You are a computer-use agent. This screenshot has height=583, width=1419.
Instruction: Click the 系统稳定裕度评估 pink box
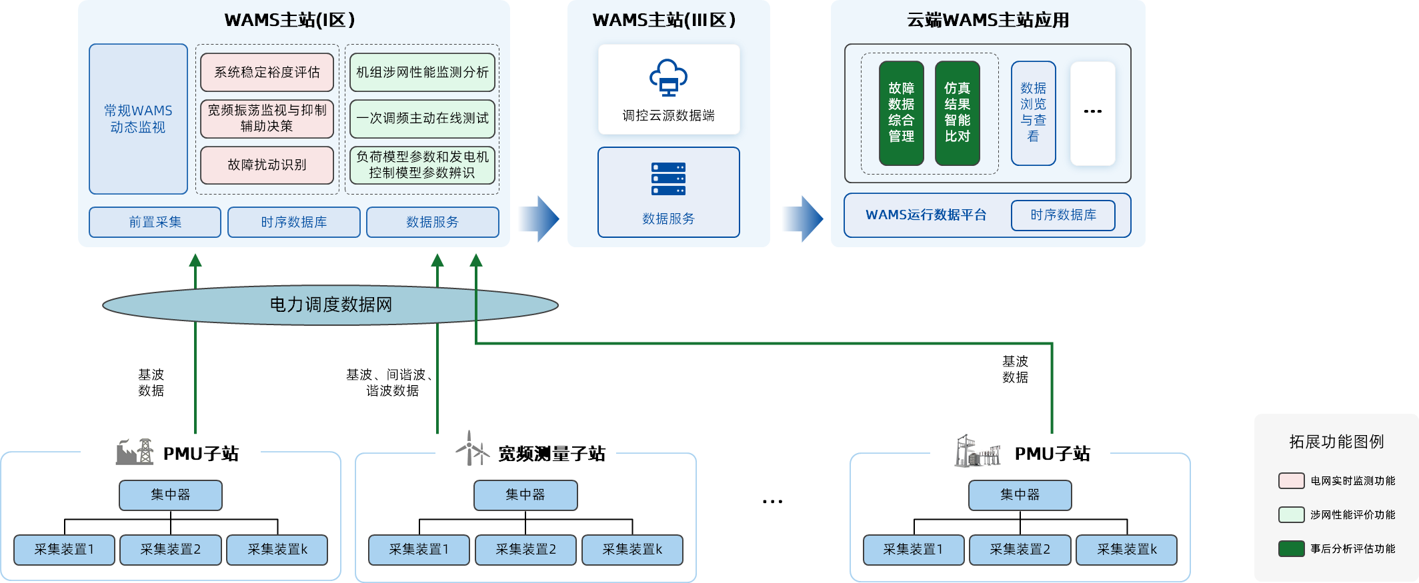click(267, 72)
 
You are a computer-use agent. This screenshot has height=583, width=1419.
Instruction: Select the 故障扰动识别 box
click(267, 165)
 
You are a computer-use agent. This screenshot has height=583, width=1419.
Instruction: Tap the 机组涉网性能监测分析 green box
click(422, 72)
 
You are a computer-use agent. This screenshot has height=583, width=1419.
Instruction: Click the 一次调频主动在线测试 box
click(422, 118)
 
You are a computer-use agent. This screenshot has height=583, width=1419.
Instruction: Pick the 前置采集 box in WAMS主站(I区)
click(155, 222)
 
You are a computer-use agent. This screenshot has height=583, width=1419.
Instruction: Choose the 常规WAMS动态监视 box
click(138, 119)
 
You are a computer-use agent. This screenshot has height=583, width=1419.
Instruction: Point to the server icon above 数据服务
click(668, 179)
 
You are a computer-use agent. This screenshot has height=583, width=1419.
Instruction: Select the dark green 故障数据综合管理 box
click(901, 113)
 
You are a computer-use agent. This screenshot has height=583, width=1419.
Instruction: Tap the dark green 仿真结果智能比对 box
click(957, 113)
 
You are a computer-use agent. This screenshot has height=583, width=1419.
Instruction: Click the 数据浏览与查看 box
click(1033, 113)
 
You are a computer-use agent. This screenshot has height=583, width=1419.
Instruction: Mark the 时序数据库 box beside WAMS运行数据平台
click(1063, 215)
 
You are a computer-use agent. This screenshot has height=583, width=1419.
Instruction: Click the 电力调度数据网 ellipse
click(330, 305)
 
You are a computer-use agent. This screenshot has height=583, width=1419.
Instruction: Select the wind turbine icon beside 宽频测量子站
click(471, 448)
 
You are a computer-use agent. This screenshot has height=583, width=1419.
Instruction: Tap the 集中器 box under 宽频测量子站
click(525, 495)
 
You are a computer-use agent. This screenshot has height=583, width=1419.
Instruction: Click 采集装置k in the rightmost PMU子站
click(1126, 550)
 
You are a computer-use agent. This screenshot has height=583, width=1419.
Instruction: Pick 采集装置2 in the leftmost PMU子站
click(170, 550)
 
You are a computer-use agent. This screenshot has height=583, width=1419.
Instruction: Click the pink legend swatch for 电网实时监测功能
click(1291, 480)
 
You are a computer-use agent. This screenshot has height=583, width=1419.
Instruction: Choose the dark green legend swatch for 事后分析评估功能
click(1291, 548)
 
